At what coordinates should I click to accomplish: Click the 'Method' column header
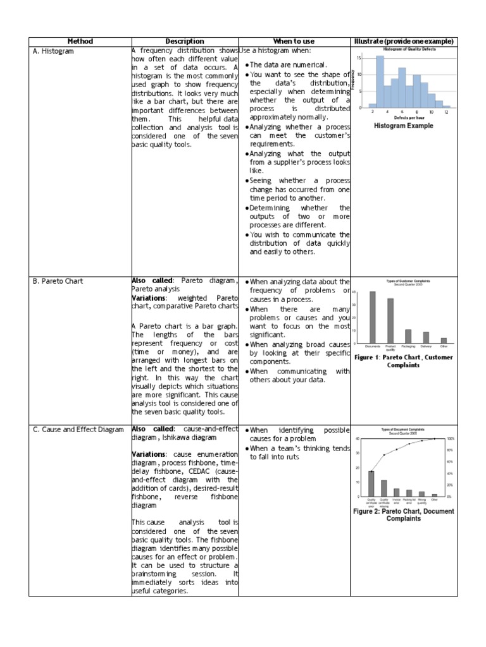[x=80, y=41]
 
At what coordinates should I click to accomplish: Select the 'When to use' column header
[x=294, y=41]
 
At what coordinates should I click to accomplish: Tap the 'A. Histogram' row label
[x=53, y=51]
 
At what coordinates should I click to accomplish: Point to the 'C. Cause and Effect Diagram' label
[x=78, y=430]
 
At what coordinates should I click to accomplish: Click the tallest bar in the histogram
[x=380, y=82]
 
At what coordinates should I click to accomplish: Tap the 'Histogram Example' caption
[x=404, y=126]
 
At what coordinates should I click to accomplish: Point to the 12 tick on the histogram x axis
[x=446, y=112]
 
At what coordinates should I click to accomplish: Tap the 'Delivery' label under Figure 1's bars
[x=426, y=346]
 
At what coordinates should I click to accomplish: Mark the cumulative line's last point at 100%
[x=434, y=438]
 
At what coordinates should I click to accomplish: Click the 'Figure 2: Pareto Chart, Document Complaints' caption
[x=404, y=514]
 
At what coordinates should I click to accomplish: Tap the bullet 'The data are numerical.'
[x=288, y=65]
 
